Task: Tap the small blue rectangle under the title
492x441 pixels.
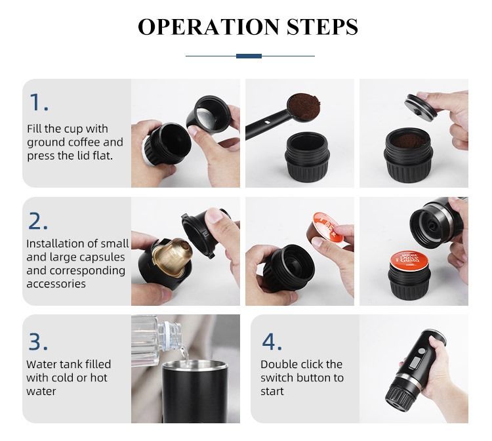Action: coord(249,56)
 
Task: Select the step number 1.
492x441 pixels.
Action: coord(38,102)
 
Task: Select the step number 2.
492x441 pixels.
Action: coord(39,220)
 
